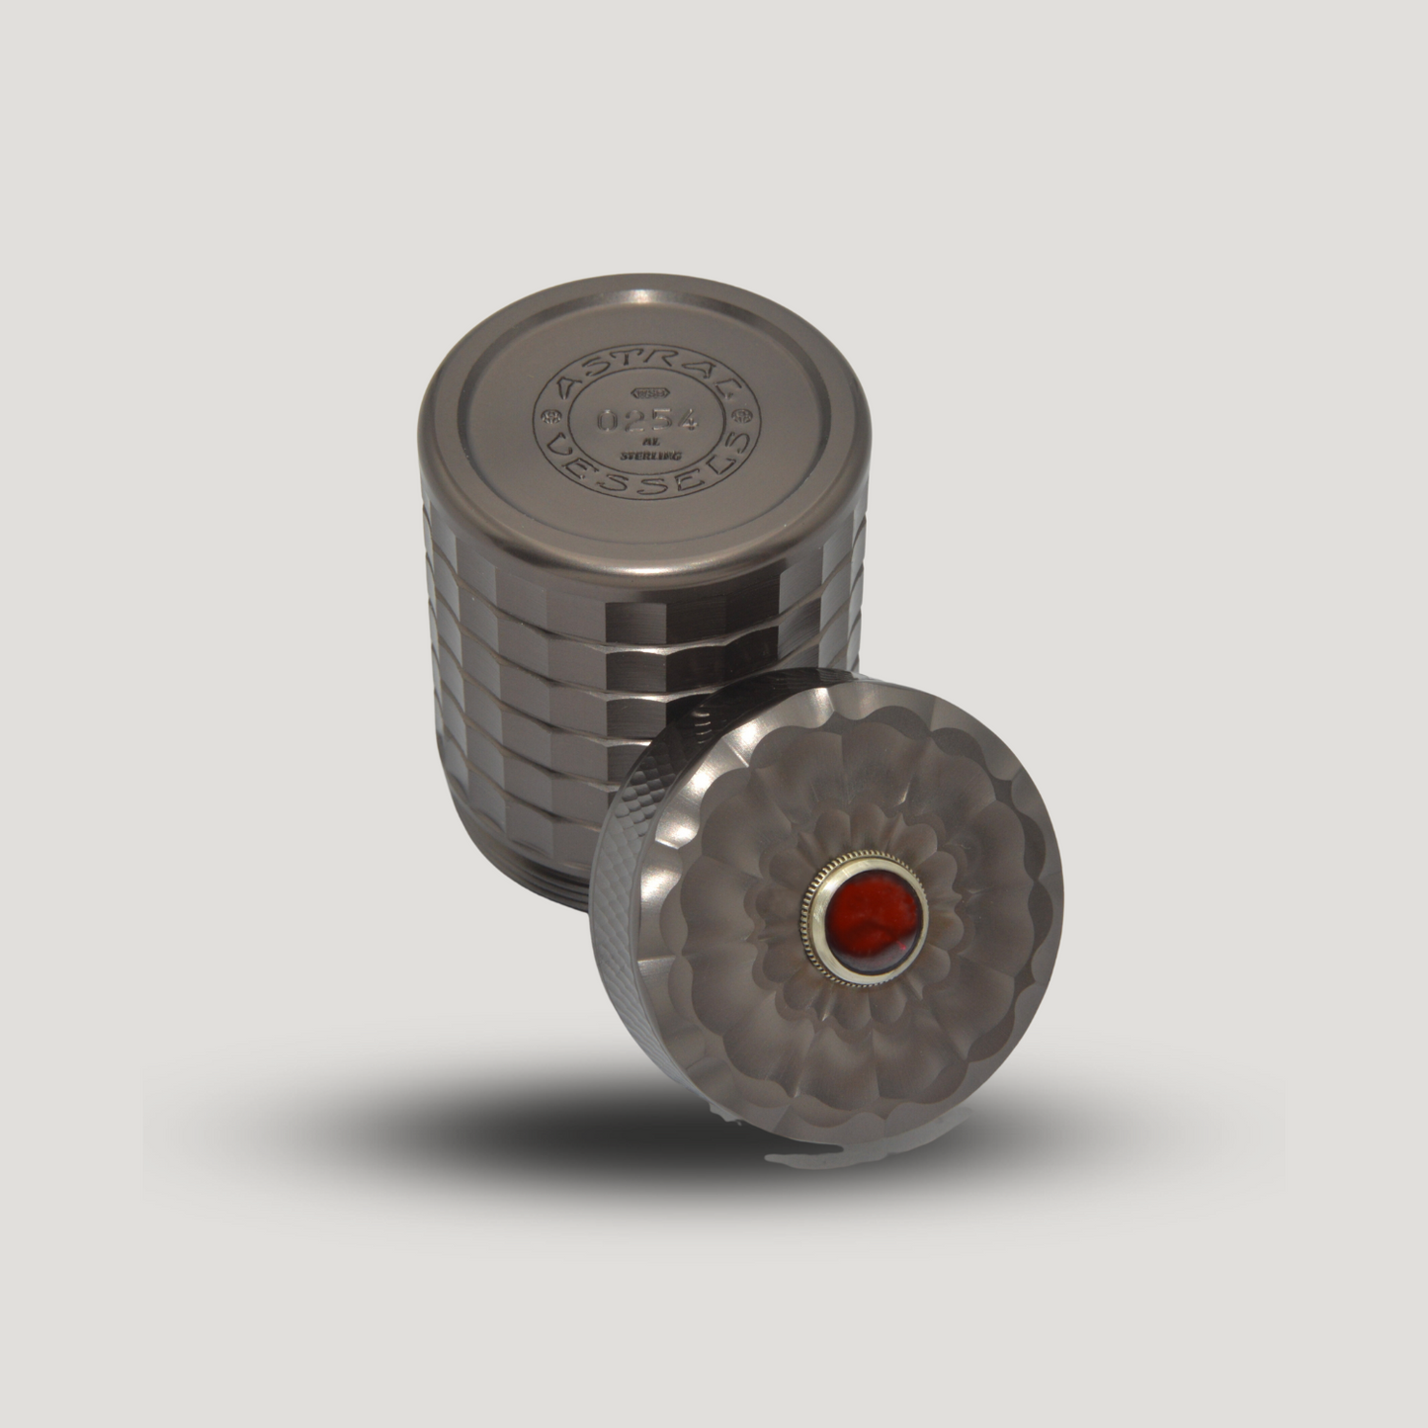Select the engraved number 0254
tap(648, 419)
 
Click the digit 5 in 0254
tap(660, 420)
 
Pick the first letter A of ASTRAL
tap(565, 389)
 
